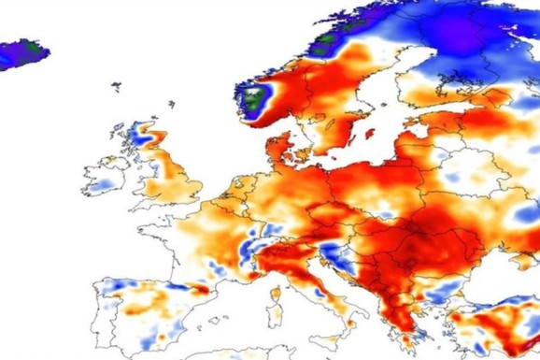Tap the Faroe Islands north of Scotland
(117, 88)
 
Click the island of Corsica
(277, 275)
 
